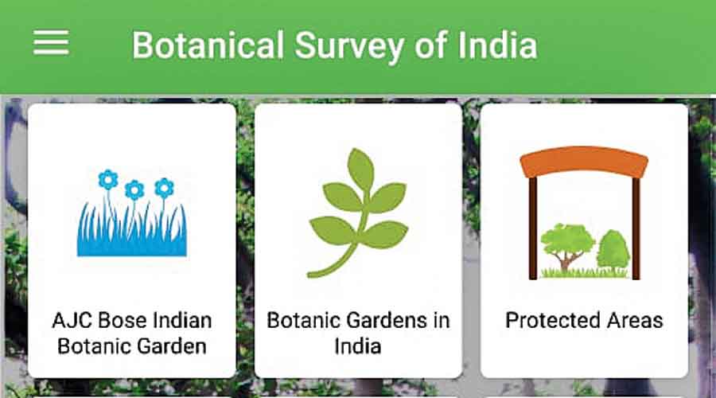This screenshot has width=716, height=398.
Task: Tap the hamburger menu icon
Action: point(51,42)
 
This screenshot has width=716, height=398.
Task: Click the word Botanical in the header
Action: point(208,45)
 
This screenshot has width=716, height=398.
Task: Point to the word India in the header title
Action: point(497,45)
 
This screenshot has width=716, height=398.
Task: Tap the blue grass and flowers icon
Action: point(131,213)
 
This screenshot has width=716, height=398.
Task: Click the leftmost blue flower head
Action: point(108,180)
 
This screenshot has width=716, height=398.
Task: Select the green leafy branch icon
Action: point(358,213)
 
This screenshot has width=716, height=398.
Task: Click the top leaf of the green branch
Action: point(360,168)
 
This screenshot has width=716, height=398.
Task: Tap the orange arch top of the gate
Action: point(584,162)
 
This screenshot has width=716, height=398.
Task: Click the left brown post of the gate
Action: point(533,228)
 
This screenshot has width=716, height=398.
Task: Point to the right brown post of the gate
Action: point(636,228)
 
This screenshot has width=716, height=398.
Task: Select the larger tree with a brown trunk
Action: point(567,246)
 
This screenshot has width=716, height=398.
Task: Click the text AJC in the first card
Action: point(72,320)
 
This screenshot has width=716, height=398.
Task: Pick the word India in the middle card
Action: point(358,346)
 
